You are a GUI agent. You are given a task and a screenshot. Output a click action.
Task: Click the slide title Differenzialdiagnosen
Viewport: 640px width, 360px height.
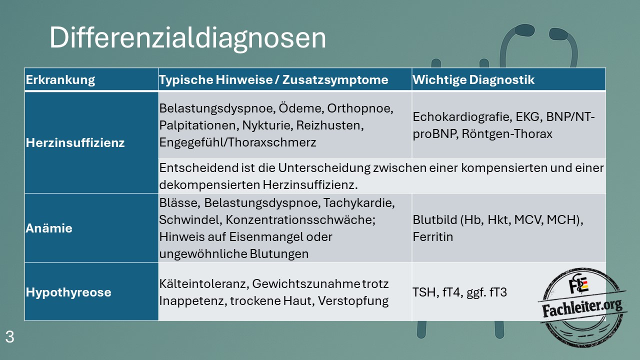[x=187, y=37]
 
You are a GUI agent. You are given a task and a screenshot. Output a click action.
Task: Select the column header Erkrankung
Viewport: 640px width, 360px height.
[x=60, y=79]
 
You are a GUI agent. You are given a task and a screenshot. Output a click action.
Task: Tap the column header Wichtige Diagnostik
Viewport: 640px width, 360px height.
[x=473, y=79]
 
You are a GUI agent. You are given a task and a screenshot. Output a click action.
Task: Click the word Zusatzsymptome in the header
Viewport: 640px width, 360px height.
[x=335, y=79]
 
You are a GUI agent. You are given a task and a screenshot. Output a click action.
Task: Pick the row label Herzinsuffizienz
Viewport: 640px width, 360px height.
[x=75, y=142]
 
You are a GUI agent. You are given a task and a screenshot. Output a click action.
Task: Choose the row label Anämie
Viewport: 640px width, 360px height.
[x=49, y=228]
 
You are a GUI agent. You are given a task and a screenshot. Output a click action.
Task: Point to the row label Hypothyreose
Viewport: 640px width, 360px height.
[x=68, y=292]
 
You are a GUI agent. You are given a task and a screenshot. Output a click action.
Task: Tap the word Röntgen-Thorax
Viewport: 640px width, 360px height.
[x=507, y=133]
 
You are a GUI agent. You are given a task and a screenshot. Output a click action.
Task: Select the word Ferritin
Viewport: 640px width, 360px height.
[x=433, y=237]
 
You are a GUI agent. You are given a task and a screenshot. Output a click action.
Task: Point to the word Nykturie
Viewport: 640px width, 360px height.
[x=267, y=125]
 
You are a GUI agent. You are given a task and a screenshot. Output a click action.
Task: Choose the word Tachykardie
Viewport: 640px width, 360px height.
[x=359, y=203]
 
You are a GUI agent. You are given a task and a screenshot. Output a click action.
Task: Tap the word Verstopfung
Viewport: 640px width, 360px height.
[x=353, y=301]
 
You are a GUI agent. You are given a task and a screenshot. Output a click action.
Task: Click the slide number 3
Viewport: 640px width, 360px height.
[x=9, y=337]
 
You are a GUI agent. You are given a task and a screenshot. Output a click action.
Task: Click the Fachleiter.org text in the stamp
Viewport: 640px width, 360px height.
[x=582, y=307]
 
